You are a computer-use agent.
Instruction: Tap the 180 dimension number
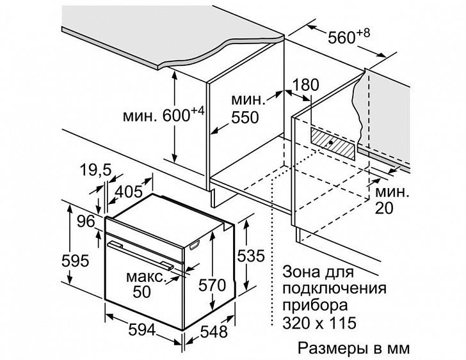[306, 85]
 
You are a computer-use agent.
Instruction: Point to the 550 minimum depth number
[245, 118]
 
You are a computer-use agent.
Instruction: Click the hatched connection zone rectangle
[333, 144]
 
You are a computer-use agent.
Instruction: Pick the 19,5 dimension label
[95, 171]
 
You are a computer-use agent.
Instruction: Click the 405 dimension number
[129, 192]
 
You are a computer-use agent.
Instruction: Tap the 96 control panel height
[86, 221]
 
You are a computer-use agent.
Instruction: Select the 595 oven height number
[75, 261]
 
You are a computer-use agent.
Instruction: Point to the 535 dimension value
[250, 256]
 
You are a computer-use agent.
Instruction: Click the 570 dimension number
[213, 286]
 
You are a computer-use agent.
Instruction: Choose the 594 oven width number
[142, 330]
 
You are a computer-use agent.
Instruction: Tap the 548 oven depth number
[214, 331]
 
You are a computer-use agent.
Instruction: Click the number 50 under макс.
[141, 292]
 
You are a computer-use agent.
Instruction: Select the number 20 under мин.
[384, 208]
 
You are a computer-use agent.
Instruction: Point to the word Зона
[300, 272]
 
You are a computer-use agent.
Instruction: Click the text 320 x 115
[319, 323]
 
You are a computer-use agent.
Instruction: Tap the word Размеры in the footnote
[332, 348]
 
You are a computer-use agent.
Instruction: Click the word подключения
[334, 288]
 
